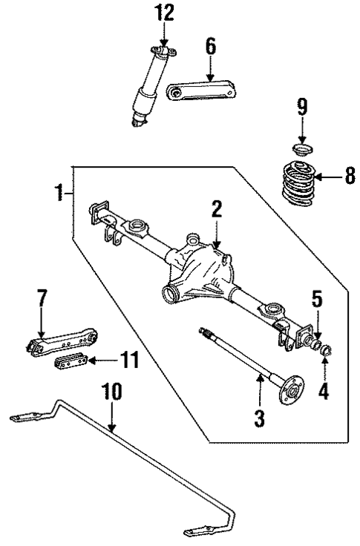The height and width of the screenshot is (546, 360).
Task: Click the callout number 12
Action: click(x=163, y=13)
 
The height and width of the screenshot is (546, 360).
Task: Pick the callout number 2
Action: click(x=215, y=209)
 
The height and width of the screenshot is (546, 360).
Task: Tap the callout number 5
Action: click(x=316, y=300)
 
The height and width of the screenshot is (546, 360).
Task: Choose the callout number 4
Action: click(x=323, y=391)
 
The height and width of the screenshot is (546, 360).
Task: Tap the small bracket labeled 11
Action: click(x=71, y=364)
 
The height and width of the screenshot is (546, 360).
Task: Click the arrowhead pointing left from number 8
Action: click(x=318, y=177)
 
